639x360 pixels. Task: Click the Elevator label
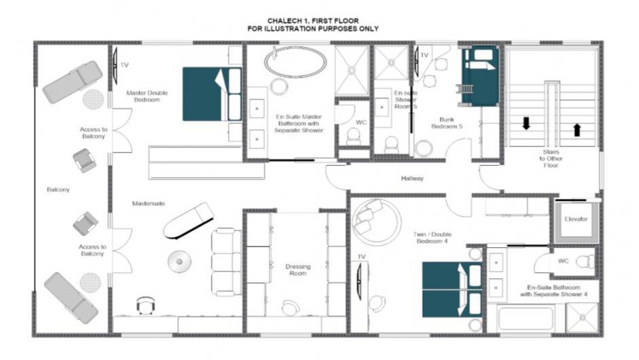576,219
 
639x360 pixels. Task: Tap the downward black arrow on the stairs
526,123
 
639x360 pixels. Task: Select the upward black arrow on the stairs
577,130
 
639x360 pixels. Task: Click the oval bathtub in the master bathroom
295,62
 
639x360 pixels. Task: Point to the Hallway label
412,178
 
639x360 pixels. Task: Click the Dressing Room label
298,270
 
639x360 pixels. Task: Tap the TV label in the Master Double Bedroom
125,65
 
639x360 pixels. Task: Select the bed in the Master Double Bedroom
212,94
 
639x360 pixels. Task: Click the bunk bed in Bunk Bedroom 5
480,76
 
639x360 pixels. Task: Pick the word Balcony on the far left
58,190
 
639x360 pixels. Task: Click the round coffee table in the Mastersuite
179,262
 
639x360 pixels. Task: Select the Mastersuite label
148,204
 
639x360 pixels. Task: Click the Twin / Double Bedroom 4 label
432,238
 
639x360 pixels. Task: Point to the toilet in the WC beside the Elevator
585,261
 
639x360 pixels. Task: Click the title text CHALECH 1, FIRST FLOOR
313,20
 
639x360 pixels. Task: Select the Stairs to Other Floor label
551,158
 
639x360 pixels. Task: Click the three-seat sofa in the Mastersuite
226,262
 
